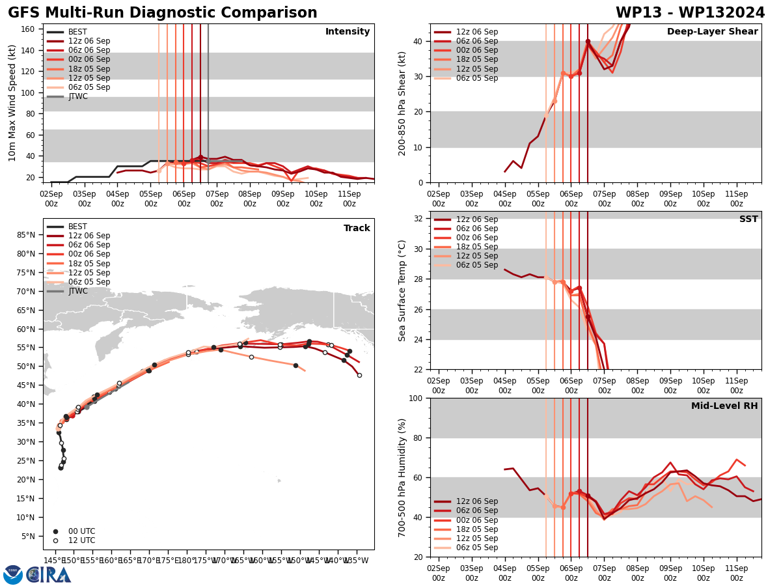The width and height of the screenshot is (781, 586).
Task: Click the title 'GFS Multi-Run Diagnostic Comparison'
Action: click(x=163, y=13)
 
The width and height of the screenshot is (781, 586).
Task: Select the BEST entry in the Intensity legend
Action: click(x=77, y=32)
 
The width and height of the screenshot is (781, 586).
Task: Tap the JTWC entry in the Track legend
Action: click(x=77, y=291)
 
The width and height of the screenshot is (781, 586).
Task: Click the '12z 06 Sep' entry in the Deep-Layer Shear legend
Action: click(x=476, y=32)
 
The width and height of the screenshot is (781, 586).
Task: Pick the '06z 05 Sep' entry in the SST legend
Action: click(x=476, y=265)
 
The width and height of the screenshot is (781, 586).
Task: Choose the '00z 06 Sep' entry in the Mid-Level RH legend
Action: click(x=476, y=520)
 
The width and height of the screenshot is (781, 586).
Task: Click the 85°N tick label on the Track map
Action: click(x=26, y=234)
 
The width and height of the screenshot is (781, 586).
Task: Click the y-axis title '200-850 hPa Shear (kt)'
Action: click(x=402, y=103)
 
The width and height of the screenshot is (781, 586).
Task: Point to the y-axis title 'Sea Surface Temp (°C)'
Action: click(x=402, y=290)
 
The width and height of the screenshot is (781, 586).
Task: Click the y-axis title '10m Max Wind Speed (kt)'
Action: click(x=12, y=103)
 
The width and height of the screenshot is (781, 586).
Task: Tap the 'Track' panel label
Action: click(x=357, y=228)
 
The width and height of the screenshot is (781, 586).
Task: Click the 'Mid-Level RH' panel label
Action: click(x=724, y=406)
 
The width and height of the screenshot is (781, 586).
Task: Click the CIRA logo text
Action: click(x=49, y=575)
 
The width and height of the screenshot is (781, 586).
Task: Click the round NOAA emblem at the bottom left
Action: click(x=13, y=575)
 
